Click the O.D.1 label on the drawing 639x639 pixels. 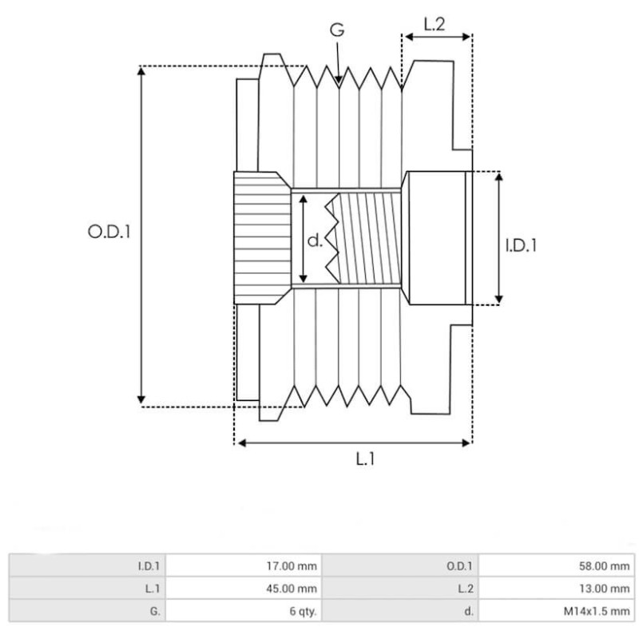tap(109, 233)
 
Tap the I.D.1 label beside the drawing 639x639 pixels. tap(521, 245)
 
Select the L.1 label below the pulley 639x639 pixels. tap(365, 459)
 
